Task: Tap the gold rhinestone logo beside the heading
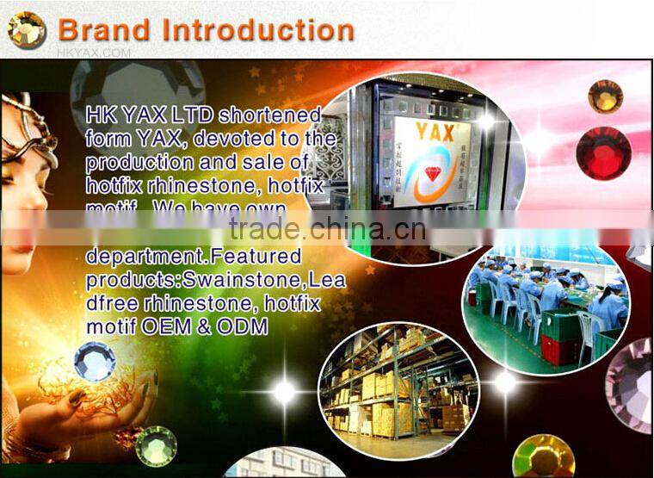(x=27, y=30)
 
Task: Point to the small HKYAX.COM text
(x=94, y=52)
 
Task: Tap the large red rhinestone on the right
(x=603, y=152)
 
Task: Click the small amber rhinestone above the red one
(x=605, y=96)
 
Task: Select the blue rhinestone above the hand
(x=94, y=360)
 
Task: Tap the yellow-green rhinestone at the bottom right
(x=542, y=456)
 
